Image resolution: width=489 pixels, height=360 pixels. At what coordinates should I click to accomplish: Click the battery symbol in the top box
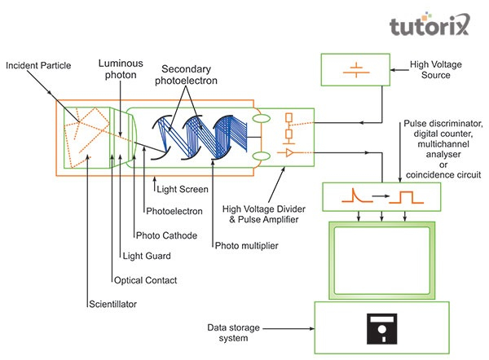click(356, 71)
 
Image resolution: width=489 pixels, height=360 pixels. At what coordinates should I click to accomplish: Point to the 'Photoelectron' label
click(172, 211)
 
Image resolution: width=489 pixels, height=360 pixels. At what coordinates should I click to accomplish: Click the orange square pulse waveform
click(403, 198)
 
